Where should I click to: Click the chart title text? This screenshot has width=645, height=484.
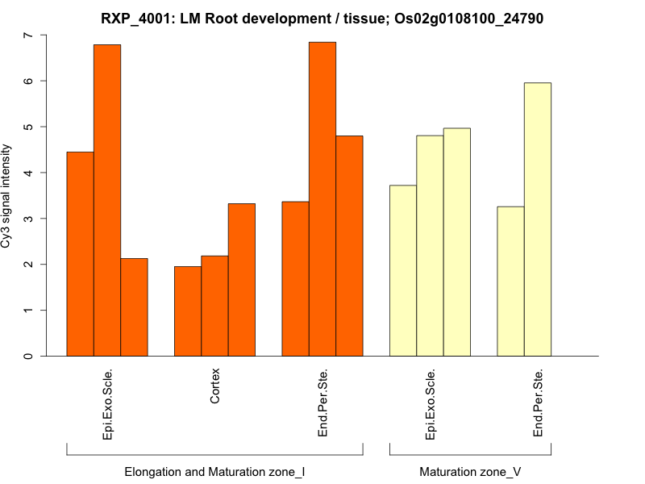322,18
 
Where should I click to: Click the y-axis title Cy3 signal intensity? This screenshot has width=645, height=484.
7,196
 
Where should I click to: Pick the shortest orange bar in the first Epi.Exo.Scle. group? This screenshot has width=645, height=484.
135,307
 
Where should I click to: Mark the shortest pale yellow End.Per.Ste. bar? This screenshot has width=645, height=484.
510,282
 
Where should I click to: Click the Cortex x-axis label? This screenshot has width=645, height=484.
215,386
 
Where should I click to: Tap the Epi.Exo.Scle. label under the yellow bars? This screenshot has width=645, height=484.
431,405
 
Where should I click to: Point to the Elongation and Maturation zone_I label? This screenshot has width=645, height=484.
214,471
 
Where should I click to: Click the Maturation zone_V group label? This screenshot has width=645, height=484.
470,471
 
